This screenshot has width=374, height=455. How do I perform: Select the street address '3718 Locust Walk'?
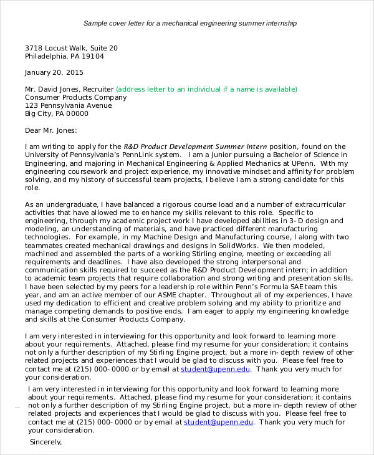pyautogui.click(x=56, y=47)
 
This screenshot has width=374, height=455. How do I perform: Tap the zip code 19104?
pyautogui.click(x=92, y=56)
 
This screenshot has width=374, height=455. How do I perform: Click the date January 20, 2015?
pyautogui.click(x=53, y=72)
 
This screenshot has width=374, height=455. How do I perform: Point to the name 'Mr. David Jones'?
pyautogui.click(x=52, y=89)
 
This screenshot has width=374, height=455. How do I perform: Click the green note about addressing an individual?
pyautogui.click(x=206, y=89)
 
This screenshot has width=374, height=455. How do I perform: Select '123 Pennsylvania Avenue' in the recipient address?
pyautogui.click(x=68, y=105)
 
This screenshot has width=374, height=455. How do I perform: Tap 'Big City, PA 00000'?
pyautogui.click(x=57, y=113)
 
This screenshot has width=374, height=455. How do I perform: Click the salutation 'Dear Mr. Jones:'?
pyautogui.click(x=50, y=130)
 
